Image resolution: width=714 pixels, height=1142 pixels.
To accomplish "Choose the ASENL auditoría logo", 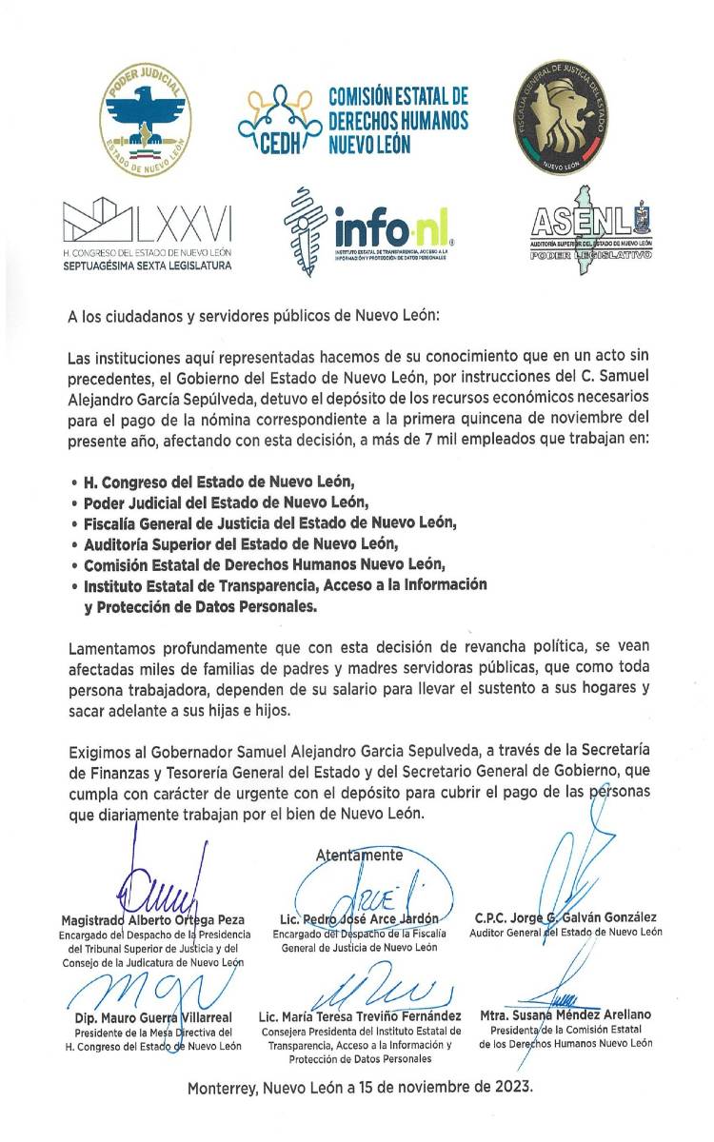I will pos(591,234).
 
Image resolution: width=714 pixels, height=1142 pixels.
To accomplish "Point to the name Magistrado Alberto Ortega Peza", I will pos(152,920).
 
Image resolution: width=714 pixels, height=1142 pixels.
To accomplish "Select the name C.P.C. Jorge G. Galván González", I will pos(565,917).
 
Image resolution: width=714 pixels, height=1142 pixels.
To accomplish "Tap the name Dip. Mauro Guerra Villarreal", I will pos(152,1017).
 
